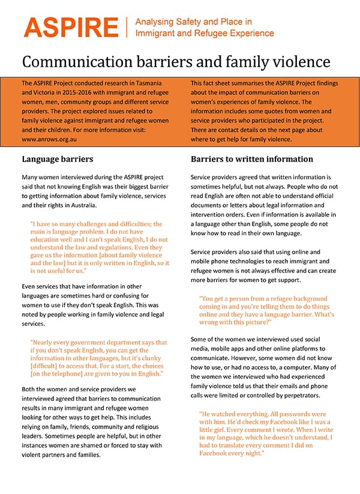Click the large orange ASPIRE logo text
[x=71, y=28]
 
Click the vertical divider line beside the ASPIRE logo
[x=127, y=28]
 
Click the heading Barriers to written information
[x=252, y=160]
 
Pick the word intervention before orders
[x=211, y=214]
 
